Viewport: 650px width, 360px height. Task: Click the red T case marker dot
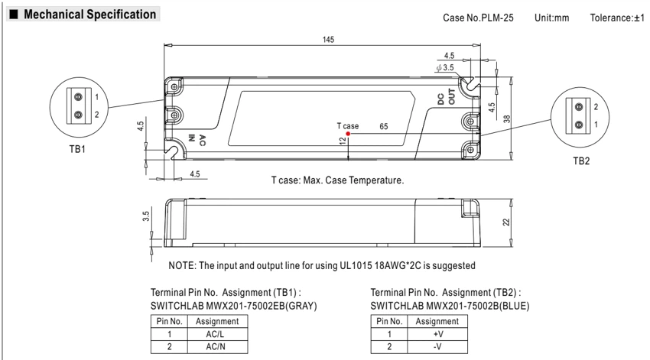(x=348, y=134)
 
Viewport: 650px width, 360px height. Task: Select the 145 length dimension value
(x=328, y=40)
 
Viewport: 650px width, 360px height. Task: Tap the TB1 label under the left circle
(x=77, y=149)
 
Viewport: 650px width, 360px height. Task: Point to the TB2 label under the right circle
(x=581, y=161)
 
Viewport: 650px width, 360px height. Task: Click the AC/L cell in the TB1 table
(x=215, y=334)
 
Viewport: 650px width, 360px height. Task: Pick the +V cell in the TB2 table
(x=438, y=334)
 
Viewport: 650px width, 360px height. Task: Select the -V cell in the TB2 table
(x=437, y=347)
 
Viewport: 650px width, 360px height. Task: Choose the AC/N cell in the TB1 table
(x=215, y=347)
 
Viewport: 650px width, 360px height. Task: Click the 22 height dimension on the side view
(x=506, y=222)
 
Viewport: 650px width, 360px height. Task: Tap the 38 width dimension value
(x=507, y=119)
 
